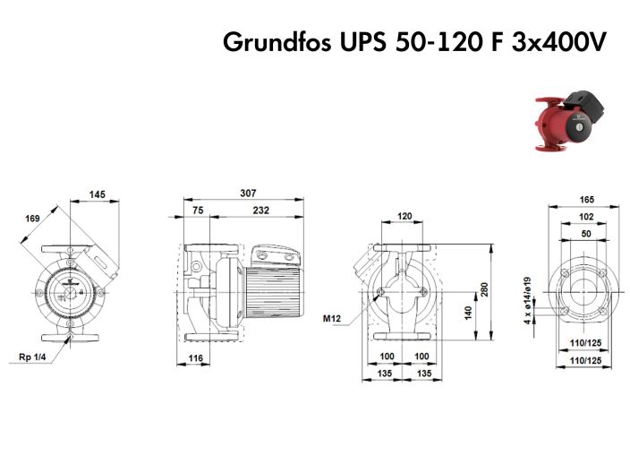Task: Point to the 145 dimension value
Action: (x=98, y=194)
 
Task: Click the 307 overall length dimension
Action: (x=247, y=193)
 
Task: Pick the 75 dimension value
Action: (x=198, y=211)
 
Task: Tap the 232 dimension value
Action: (x=260, y=211)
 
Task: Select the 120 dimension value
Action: (x=404, y=217)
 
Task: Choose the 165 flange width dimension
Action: (x=586, y=200)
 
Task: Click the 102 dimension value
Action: (x=586, y=216)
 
